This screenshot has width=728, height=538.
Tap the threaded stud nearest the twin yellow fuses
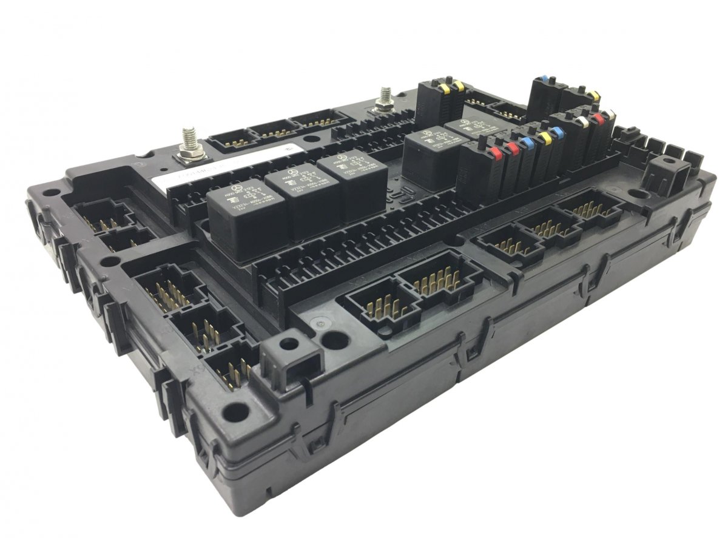(x=383, y=97)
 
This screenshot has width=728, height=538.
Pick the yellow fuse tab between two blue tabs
(x=545, y=138)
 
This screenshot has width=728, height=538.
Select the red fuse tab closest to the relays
(x=496, y=149)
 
